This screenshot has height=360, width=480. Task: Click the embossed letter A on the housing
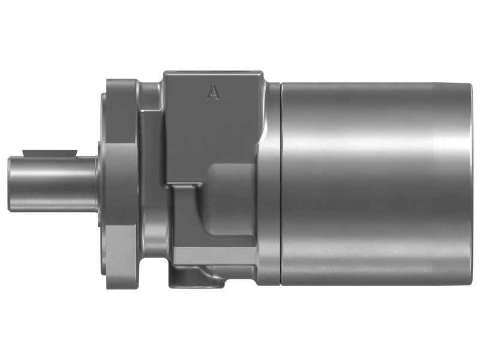tap(212, 92)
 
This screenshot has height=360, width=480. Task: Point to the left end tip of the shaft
tap(10, 184)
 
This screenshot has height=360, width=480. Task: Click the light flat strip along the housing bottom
tap(216, 256)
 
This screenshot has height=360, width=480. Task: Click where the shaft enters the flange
tap(100, 184)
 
